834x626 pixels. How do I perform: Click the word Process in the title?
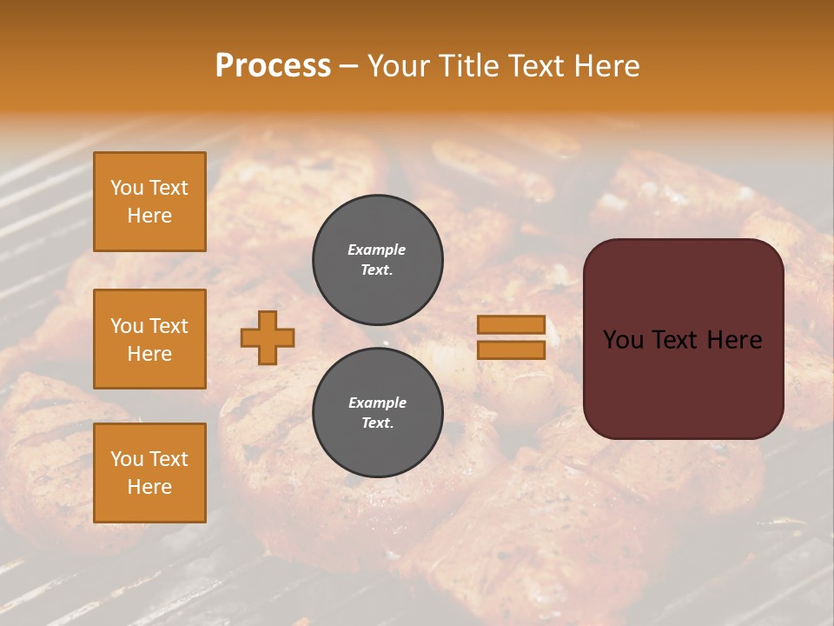pos(273,66)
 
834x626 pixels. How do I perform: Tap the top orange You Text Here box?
pos(149,202)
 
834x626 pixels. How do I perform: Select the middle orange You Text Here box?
pos(149,339)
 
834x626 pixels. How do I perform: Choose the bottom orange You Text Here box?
pos(149,473)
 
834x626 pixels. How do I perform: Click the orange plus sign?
pos(268,337)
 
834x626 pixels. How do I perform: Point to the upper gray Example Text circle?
pos(378,259)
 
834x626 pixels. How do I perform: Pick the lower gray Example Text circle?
pos(378,412)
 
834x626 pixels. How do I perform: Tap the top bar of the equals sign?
pos(511,325)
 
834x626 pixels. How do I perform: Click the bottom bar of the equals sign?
pos(511,350)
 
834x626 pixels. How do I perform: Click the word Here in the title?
pos(607,66)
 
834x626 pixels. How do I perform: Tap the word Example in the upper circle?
pos(376,250)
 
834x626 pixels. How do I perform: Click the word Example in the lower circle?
pos(377,403)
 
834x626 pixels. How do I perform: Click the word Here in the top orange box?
pos(149,216)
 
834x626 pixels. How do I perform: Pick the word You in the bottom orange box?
pos(127,459)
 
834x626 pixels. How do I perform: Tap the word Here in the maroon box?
pos(735,340)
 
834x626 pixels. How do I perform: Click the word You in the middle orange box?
pos(127,326)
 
